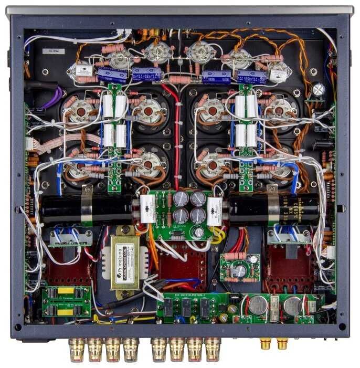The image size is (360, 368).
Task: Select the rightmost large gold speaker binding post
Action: pyautogui.click(x=213, y=348)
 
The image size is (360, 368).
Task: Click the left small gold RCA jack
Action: pyautogui.click(x=266, y=344)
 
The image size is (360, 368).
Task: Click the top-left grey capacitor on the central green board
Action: pyautogui.click(x=182, y=198)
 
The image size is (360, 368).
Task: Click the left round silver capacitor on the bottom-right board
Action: pyautogui.click(x=257, y=304)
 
